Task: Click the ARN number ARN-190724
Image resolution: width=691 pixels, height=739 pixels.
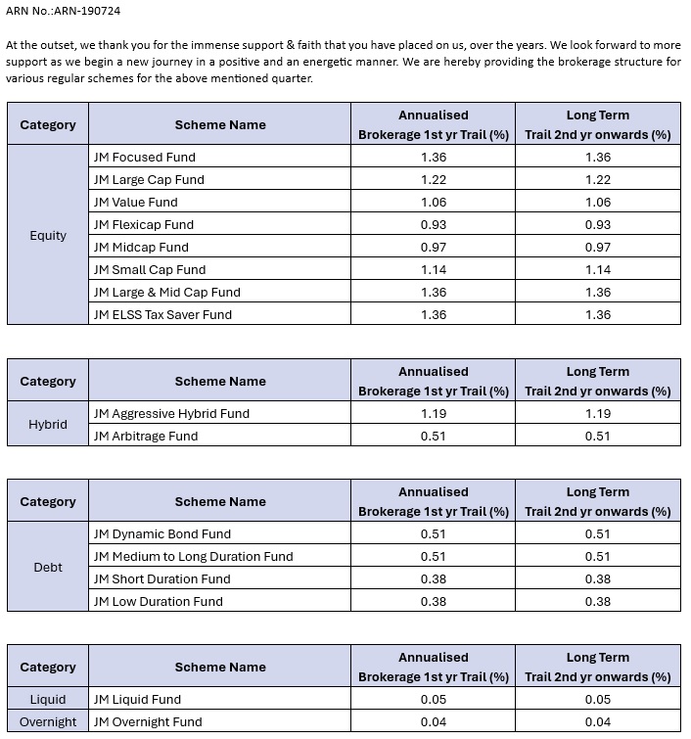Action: click(x=91, y=11)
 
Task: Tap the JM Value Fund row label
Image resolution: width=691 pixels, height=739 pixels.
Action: click(x=135, y=202)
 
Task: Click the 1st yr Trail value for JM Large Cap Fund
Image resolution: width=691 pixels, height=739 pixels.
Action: click(x=433, y=179)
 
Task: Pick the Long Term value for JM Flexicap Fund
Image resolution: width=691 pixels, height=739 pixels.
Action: click(x=597, y=224)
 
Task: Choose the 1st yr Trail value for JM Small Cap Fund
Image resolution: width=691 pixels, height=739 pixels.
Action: click(x=433, y=269)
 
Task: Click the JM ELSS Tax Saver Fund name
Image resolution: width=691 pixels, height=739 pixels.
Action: click(x=162, y=314)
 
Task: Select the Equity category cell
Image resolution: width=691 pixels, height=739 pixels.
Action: click(x=48, y=235)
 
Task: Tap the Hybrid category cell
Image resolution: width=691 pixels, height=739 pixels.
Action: click(x=48, y=424)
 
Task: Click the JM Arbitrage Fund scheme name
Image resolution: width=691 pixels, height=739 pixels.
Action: click(x=145, y=436)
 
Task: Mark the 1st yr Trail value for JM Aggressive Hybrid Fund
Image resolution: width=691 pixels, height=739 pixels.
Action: click(x=433, y=413)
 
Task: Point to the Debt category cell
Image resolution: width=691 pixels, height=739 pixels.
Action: click(x=48, y=567)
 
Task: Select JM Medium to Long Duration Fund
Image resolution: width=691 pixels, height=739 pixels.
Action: click(x=193, y=556)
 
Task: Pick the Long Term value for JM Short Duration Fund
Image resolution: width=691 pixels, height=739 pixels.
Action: click(x=597, y=578)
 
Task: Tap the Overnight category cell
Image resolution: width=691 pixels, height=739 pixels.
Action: click(x=48, y=721)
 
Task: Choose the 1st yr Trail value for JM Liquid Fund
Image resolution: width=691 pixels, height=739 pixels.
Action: click(x=433, y=699)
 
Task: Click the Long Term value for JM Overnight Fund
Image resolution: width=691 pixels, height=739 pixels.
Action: click(x=597, y=721)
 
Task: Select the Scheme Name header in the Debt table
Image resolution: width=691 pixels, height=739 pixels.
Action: click(x=220, y=501)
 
